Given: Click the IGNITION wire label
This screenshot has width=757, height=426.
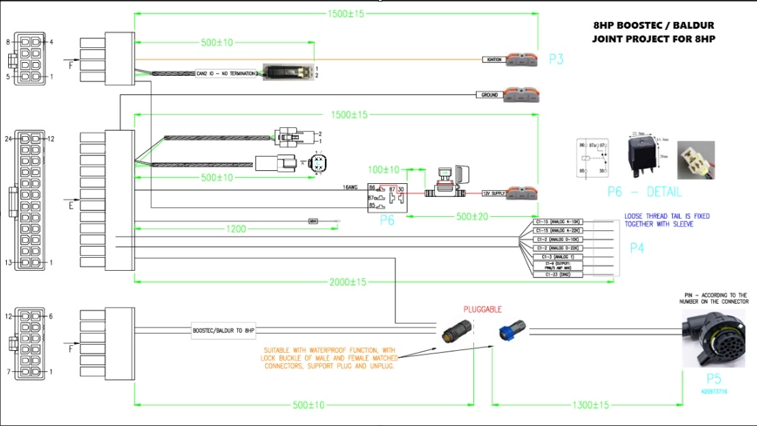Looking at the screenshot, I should (494, 59).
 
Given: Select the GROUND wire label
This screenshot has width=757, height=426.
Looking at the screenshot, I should (490, 95).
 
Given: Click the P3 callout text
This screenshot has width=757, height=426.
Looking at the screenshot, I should (556, 59).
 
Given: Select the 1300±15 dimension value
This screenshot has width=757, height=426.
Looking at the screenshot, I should (590, 405).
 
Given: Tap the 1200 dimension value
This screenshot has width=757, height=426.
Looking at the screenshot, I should (237, 230).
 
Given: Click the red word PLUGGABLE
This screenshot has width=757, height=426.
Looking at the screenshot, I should (483, 309).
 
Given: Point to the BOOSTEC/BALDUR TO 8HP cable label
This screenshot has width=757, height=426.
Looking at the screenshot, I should (224, 331).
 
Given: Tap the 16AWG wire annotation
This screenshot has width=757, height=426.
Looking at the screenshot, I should (351, 186).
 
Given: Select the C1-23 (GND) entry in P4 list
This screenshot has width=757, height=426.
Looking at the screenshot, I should (557, 274).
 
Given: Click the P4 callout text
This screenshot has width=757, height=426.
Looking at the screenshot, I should (637, 248).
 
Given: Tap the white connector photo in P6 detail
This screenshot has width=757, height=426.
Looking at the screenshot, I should (695, 159).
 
